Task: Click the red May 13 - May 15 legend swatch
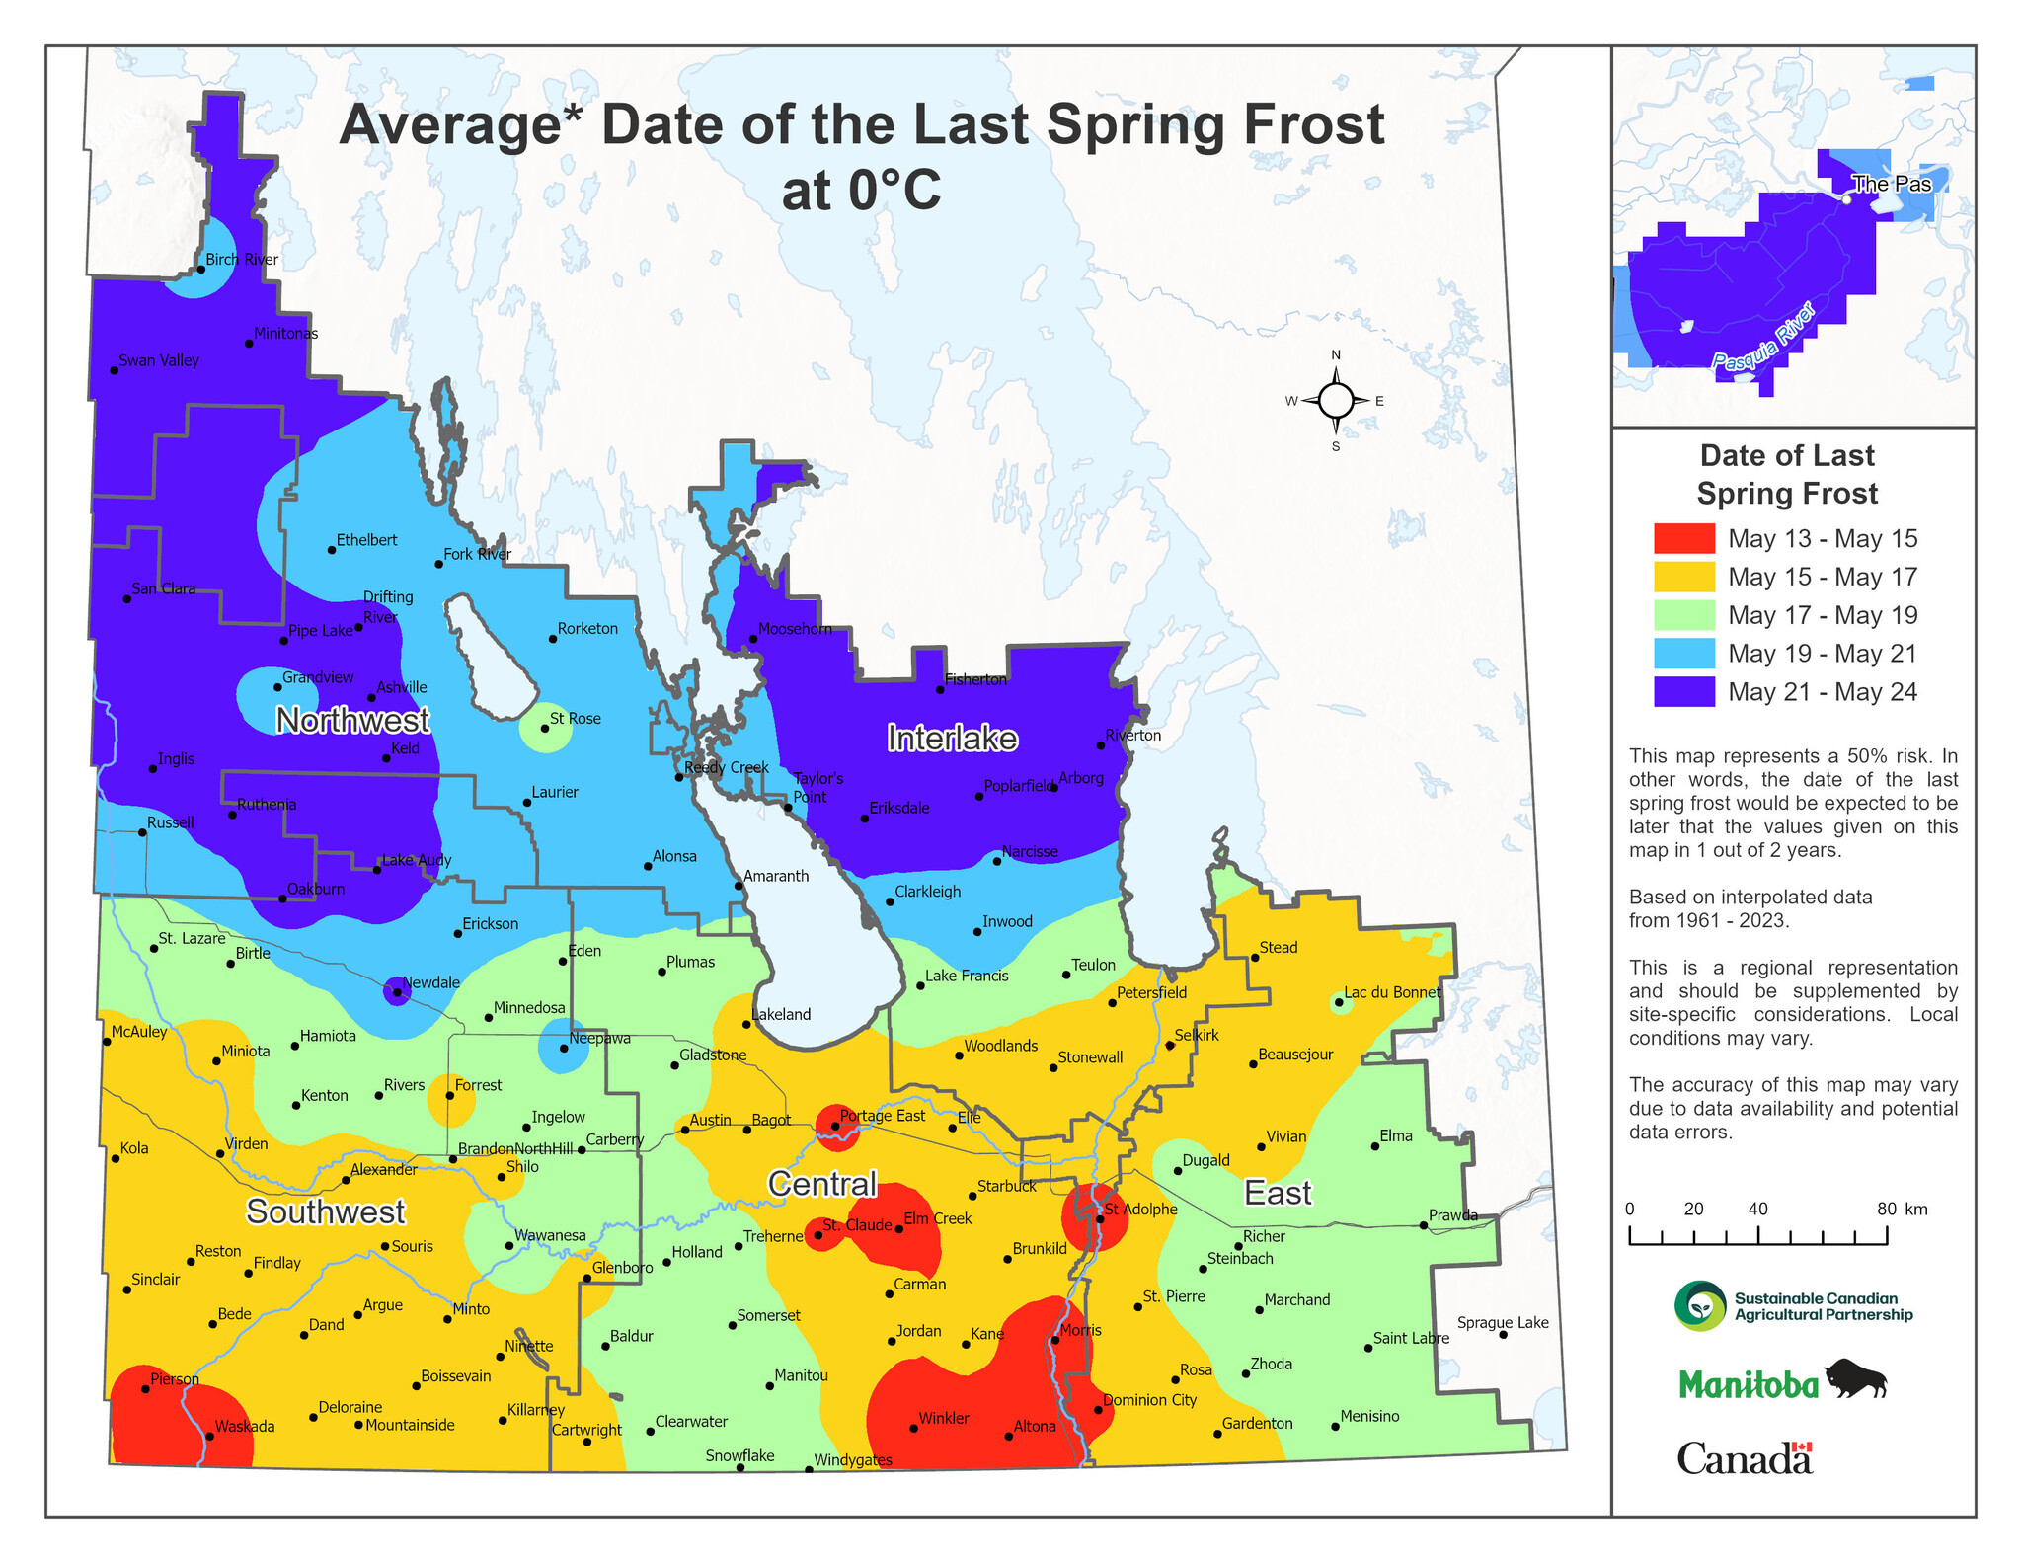[1684, 538]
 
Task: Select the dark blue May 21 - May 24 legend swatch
[1684, 691]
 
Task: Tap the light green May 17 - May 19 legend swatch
[1684, 615]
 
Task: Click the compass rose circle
[1336, 401]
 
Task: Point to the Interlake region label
[952, 739]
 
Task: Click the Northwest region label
[351, 721]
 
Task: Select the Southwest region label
[326, 1211]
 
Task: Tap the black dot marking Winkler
[913, 1429]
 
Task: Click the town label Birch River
[242, 260]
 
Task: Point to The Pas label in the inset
[1890, 184]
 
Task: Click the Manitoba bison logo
[1855, 1379]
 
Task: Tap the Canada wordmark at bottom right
[1745, 1458]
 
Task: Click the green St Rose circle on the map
[545, 728]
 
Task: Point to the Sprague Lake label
[1503, 1323]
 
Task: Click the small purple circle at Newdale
[396, 992]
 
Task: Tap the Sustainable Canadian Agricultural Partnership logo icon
[1700, 1306]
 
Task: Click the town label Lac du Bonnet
[1392, 992]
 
